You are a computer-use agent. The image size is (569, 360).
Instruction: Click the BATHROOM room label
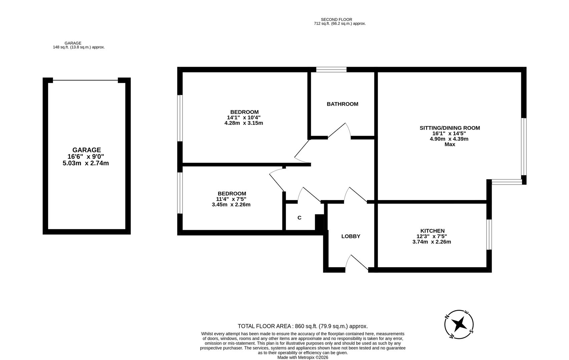click(342, 104)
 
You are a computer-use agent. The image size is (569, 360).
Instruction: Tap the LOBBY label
click(351, 236)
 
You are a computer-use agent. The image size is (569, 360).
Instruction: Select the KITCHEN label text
click(432, 231)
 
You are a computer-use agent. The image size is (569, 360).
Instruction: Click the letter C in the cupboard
click(299, 218)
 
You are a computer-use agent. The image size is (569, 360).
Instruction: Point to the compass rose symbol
click(459, 324)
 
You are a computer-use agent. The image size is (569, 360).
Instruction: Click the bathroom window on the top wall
click(331, 70)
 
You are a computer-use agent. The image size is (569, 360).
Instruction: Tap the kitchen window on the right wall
click(489, 234)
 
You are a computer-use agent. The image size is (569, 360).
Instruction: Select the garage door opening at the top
click(85, 80)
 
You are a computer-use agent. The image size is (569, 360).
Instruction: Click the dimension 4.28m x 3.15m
click(243, 123)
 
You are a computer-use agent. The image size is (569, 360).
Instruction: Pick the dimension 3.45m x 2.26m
click(231, 205)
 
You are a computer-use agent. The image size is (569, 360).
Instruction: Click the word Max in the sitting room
click(450, 144)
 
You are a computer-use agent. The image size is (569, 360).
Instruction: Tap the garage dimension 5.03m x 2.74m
click(86, 163)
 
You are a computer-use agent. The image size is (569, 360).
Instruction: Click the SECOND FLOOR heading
click(336, 20)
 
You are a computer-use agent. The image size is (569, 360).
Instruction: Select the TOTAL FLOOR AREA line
click(303, 326)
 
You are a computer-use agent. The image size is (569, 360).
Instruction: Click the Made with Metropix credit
click(303, 357)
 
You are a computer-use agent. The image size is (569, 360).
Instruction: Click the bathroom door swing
click(339, 131)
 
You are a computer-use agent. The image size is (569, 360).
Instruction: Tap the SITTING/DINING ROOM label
click(449, 128)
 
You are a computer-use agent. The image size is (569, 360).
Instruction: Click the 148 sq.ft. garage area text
click(79, 47)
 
